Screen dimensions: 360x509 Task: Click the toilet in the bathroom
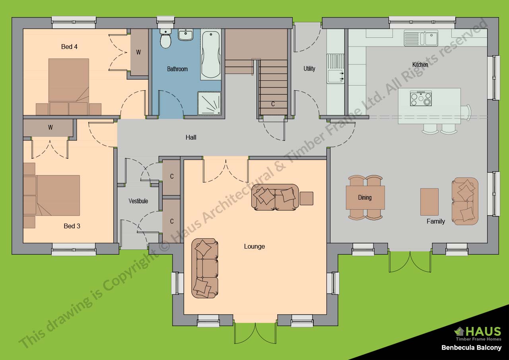coord(165,39)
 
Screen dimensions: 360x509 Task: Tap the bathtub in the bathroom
coord(210,54)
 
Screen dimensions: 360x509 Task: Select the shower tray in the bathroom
coord(209,103)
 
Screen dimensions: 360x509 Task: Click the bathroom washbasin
coord(185,35)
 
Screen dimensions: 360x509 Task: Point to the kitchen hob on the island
coord(421,98)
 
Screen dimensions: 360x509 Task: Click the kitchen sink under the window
coord(421,38)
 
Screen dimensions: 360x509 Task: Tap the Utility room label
coord(309,68)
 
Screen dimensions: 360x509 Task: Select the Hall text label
coord(191,137)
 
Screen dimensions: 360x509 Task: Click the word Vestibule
coord(138,201)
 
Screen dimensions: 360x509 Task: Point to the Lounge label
coord(254,246)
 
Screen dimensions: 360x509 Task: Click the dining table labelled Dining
coord(365,197)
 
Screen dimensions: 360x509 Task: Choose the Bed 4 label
coord(69,47)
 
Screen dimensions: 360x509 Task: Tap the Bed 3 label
coord(72,226)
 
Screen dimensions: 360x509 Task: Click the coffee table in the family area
coord(429,202)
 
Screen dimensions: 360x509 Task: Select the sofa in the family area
coord(465,201)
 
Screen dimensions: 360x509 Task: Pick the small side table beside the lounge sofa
coord(306,198)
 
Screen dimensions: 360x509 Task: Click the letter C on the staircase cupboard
coord(273,104)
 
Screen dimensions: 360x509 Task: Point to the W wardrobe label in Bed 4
coord(138,52)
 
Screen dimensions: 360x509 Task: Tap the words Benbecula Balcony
coord(471,348)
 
